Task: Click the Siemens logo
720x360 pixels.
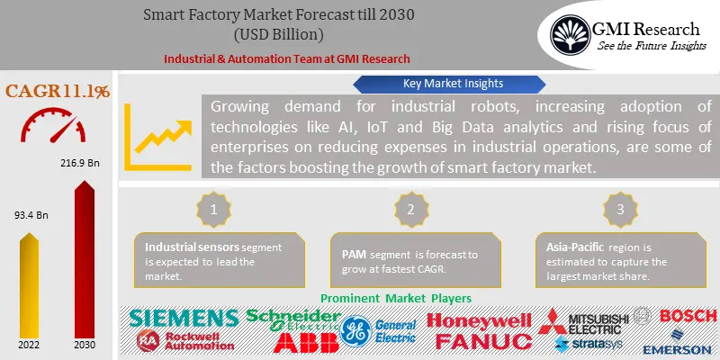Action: point(184,318)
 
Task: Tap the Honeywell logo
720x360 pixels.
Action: point(479,320)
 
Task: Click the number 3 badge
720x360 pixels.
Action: point(617,209)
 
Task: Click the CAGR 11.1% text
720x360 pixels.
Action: point(58,90)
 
